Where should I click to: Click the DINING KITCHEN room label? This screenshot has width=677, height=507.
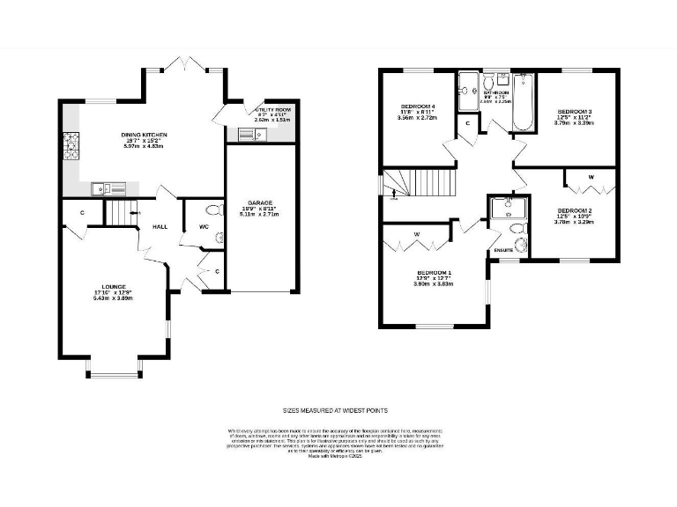click(144, 135)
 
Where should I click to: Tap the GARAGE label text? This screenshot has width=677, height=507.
click(259, 202)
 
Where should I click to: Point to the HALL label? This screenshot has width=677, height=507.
click(160, 226)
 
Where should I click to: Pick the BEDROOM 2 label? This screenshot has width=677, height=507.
click(574, 210)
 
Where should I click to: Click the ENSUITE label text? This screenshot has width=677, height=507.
click(503, 251)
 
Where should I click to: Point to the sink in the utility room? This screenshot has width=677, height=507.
click(246, 134)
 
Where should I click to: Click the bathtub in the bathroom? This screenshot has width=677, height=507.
click(522, 103)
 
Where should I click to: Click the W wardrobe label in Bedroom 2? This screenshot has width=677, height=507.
click(590, 177)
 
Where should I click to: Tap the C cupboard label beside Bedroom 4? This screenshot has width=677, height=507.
click(467, 124)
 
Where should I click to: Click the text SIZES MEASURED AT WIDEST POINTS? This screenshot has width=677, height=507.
click(335, 410)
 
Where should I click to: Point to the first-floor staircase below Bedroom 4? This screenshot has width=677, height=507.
click(423, 183)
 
